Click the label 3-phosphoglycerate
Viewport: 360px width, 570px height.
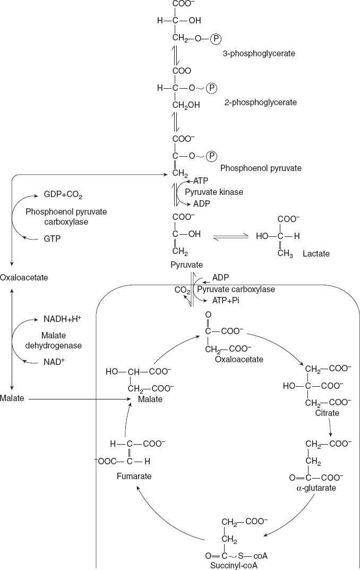(x=259, y=54)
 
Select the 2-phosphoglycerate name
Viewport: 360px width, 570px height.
(x=260, y=102)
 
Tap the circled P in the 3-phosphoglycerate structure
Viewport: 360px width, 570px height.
(x=216, y=39)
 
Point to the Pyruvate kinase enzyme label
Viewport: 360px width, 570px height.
(x=213, y=192)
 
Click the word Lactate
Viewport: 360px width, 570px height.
(x=316, y=253)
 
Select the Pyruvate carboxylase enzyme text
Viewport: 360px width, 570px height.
(x=236, y=290)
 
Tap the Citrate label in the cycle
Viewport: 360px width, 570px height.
(x=327, y=413)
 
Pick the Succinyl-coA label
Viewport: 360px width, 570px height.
(x=235, y=565)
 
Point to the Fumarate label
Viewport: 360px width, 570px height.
(x=134, y=476)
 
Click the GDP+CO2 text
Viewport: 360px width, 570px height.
(x=63, y=195)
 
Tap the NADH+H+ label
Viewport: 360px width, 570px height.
(x=62, y=320)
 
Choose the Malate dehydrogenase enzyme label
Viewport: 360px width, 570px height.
(x=61, y=341)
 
